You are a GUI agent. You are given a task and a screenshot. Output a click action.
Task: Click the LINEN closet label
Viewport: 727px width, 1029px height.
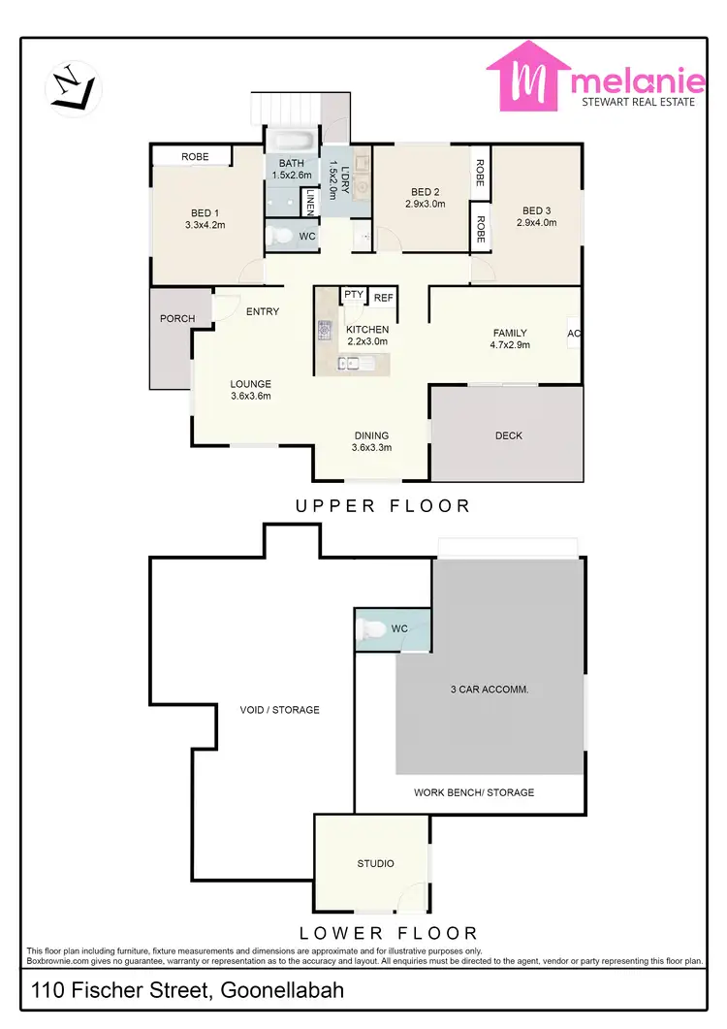point(309,201)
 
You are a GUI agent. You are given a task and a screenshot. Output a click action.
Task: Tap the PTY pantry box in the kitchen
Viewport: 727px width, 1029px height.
point(353,296)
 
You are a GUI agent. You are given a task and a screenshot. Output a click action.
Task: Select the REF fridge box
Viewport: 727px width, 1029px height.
point(384,298)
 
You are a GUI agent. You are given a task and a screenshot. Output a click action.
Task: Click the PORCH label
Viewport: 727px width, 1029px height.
point(177,318)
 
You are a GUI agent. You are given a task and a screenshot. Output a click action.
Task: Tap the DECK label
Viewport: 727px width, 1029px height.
point(508,435)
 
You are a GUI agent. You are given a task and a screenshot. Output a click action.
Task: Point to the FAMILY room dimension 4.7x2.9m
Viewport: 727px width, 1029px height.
point(511,344)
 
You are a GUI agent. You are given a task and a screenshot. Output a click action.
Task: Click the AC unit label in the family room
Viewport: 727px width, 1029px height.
point(574,333)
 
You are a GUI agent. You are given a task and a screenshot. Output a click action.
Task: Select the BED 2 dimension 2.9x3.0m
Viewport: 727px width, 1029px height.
point(426,204)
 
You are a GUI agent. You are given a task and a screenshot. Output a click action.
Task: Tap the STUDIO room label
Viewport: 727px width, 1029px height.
point(375,863)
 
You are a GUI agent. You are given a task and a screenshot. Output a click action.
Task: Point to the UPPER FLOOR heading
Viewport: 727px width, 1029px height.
point(383,505)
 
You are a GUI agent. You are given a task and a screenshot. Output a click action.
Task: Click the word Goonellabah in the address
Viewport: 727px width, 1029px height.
point(282,991)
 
